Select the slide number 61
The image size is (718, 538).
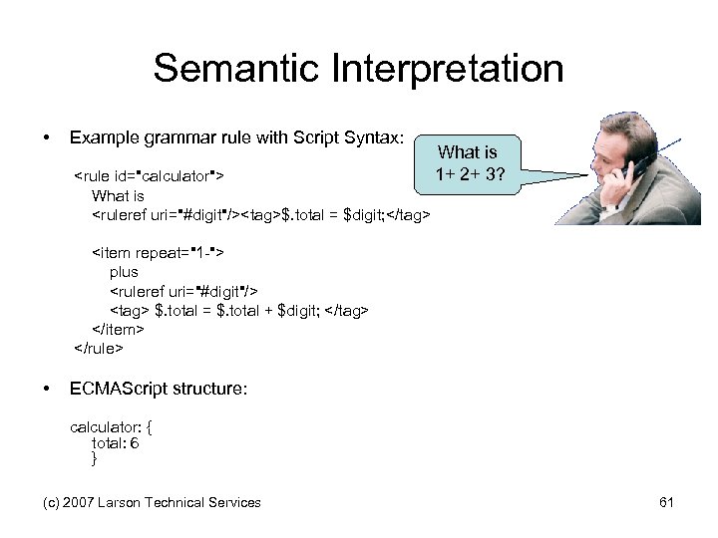coord(667,502)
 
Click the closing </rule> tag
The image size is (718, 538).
coord(99,349)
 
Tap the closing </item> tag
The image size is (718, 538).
coord(119,330)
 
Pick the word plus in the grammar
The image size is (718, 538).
coord(124,271)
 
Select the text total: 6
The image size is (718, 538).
coord(115,443)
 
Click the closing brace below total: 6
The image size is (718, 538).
coord(94,459)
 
